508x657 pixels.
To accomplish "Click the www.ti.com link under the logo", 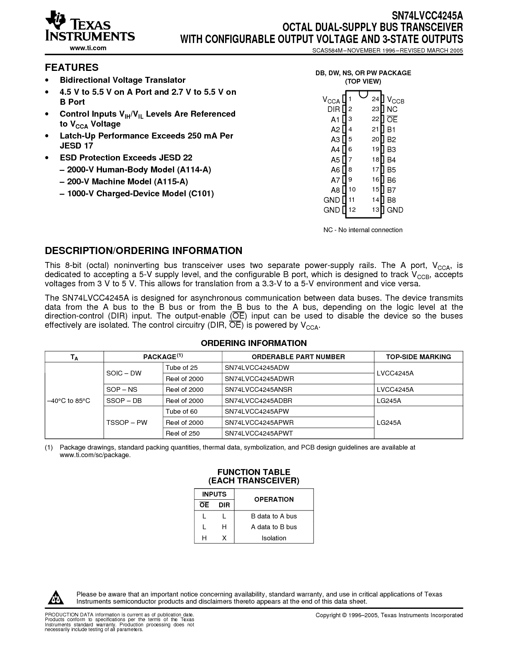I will click(x=88, y=48).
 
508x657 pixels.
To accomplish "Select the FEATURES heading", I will click(x=71, y=67).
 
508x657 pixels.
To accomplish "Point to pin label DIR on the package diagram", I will click(x=333, y=109).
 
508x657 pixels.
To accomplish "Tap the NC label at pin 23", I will click(x=392, y=109).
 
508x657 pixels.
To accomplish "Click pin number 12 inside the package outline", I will click(x=352, y=210).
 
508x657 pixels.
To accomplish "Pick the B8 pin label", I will click(x=391, y=200).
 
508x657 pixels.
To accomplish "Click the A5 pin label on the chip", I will click(x=335, y=160).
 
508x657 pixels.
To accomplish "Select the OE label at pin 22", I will click(x=392, y=119).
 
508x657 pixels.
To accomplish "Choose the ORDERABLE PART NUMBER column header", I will click(x=298, y=357).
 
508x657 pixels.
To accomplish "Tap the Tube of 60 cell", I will click(x=181, y=411).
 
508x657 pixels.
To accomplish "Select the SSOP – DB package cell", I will click(x=124, y=401).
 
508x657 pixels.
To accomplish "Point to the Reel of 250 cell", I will click(x=182, y=433).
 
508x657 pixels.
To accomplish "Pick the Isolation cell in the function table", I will click(x=274, y=538).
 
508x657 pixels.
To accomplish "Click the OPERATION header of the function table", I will click(x=274, y=499).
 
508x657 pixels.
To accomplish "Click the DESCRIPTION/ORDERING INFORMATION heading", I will click(x=143, y=250).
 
